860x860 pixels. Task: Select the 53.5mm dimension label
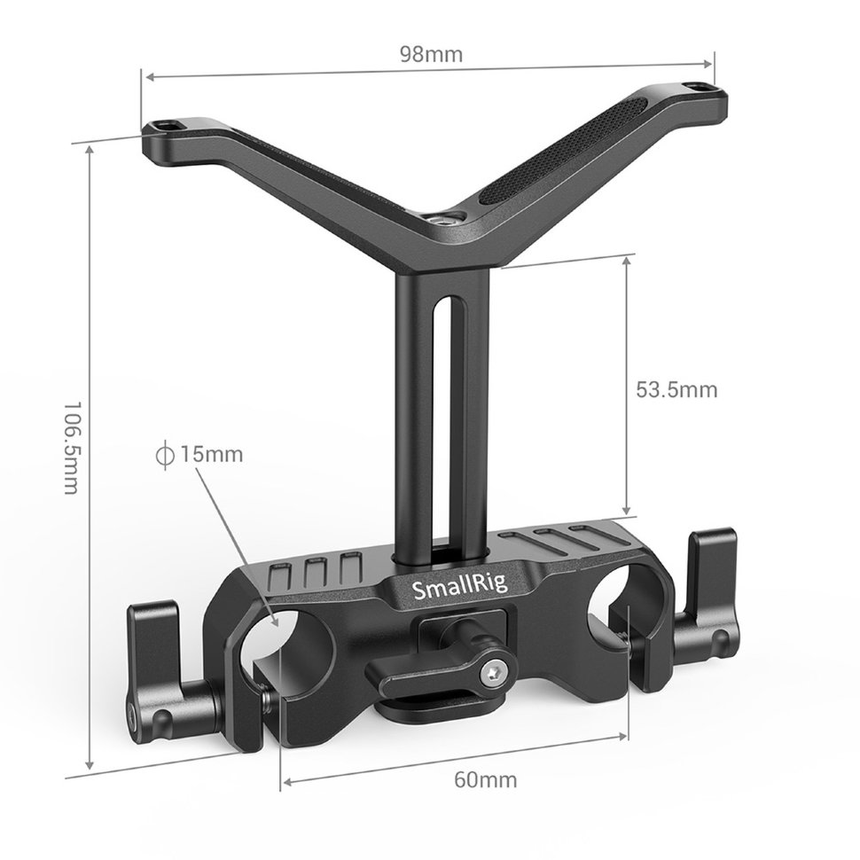click(676, 389)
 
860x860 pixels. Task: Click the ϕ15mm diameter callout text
click(199, 455)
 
